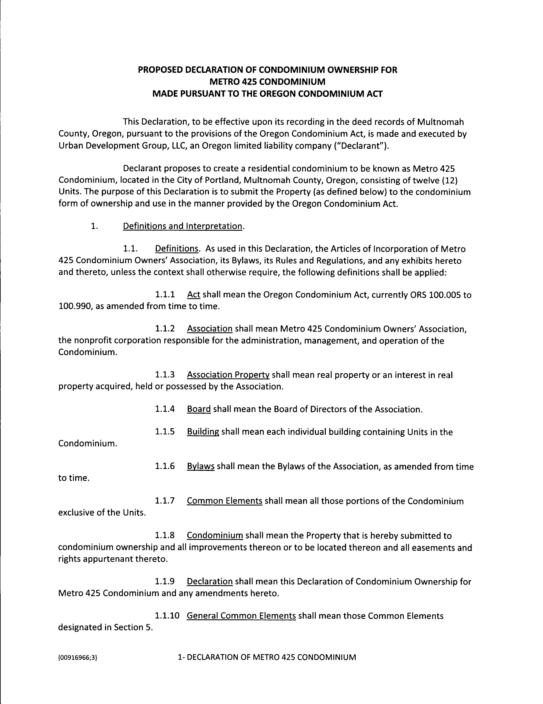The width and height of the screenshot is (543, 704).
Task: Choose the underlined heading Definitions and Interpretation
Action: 182,226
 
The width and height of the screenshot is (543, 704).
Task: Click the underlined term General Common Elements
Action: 241,616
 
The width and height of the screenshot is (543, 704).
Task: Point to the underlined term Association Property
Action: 228,375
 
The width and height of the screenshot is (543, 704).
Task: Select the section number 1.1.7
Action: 165,501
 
